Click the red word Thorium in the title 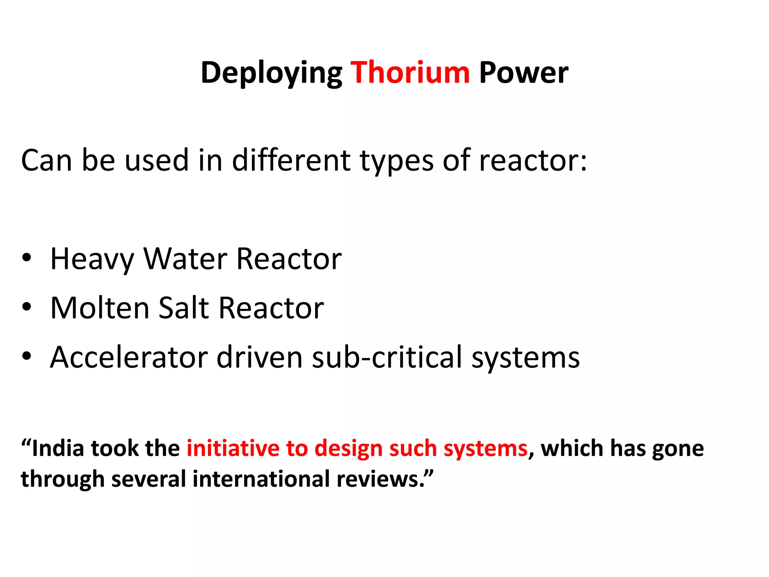410,73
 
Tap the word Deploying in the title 271,73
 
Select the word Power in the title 523,73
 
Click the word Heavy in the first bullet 92,259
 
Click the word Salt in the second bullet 183,308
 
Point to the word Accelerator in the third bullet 129,357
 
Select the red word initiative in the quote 233,449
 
